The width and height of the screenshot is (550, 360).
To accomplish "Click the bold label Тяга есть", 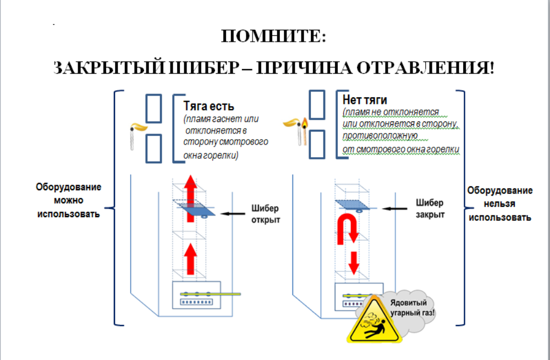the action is coord(208,106).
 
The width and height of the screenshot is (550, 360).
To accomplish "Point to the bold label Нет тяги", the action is coord(365,100).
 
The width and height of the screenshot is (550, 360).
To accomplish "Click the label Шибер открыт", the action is coord(266,214).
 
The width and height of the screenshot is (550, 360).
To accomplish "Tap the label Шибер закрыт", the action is coord(430,208).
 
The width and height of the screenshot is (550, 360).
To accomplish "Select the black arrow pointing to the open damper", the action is coord(233,213).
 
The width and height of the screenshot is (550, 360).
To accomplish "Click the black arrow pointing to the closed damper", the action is coord(394,208).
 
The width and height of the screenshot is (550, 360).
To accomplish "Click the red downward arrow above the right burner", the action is coord(354,263).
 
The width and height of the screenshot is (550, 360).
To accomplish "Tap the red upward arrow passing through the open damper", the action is coord(190,198).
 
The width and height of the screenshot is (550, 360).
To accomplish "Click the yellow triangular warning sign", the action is coord(374,321).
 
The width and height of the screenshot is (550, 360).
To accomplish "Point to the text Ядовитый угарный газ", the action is coord(412,307).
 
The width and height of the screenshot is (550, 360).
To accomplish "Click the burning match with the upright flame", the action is coord(305,131).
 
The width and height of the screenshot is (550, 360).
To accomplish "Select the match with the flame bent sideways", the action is coord(135,135).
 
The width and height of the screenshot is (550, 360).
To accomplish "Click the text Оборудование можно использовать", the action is coord(68,201).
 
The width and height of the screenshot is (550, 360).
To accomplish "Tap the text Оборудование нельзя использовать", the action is coord(500,204).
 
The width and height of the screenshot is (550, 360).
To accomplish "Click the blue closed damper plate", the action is coord(352,205).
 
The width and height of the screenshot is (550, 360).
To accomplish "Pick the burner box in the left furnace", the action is coord(196,295).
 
